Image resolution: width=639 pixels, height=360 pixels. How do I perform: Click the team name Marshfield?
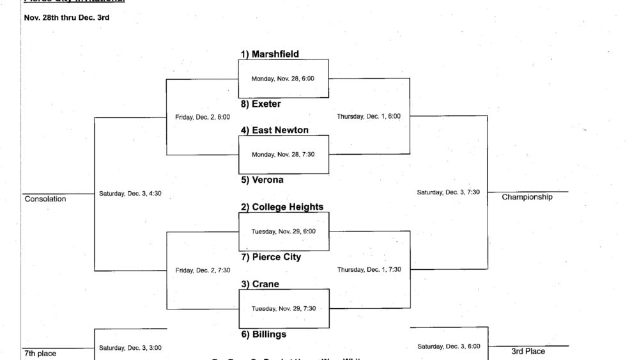[x=270, y=54]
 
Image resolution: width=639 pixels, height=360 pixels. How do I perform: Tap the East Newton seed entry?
[x=275, y=130]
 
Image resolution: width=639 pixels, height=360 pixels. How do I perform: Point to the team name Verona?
[x=262, y=180]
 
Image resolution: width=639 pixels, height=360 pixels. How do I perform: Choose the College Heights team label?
[x=282, y=207]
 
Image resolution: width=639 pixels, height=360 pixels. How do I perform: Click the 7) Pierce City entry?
[x=271, y=257]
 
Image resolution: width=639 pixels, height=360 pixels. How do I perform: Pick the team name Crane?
[x=260, y=284]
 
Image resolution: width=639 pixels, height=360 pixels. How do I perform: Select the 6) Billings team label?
[x=263, y=334]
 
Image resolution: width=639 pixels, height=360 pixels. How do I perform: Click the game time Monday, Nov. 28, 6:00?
[x=284, y=79]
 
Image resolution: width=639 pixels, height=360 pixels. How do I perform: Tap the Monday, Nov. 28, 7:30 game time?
[x=284, y=154]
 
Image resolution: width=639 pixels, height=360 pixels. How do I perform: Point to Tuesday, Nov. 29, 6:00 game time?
[x=284, y=231]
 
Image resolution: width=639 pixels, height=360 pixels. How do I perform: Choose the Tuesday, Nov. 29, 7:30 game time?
[x=284, y=308]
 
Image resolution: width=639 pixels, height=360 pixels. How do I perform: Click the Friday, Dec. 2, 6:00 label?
[x=203, y=117]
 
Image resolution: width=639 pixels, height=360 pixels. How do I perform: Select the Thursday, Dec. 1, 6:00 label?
[x=369, y=116]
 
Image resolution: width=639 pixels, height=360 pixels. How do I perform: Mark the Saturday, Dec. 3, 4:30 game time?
[x=130, y=193]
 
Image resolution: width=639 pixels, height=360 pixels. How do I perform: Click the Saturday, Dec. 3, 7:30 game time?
[x=448, y=192]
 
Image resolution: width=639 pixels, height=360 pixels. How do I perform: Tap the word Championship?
[x=527, y=197]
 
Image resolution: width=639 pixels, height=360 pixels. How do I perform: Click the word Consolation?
[x=45, y=199]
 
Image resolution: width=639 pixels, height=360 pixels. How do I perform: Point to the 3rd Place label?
[x=528, y=351]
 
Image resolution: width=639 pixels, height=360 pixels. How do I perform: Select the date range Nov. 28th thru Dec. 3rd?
[x=66, y=17]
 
